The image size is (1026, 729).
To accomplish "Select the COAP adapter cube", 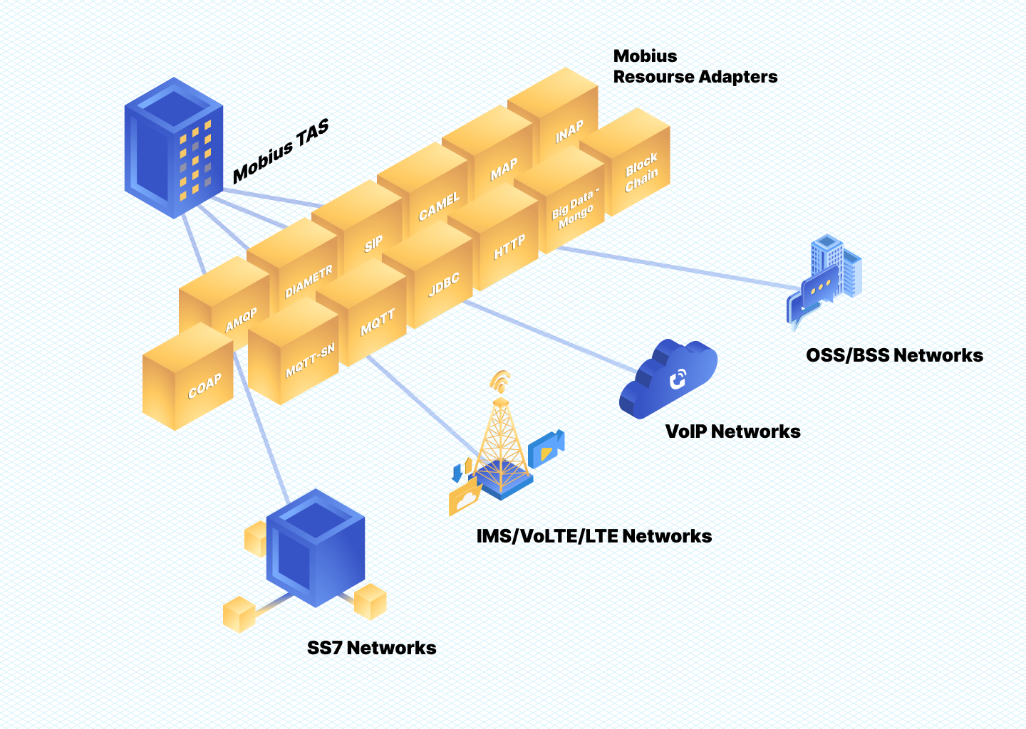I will [188, 377].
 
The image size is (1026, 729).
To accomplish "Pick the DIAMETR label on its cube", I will [309, 282].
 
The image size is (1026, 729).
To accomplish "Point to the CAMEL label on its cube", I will [439, 206].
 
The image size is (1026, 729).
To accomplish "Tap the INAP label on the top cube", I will [569, 132].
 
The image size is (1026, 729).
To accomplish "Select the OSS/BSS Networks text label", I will [894, 355].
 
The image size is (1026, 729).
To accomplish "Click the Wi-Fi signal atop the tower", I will [501, 381].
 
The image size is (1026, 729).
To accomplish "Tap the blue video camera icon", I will [546, 449].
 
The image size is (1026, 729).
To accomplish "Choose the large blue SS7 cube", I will [315, 548].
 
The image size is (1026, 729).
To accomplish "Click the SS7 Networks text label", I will [371, 648].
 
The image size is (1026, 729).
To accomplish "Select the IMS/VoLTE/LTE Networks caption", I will [594, 536].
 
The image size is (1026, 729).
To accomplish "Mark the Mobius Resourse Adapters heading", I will [695, 66].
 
